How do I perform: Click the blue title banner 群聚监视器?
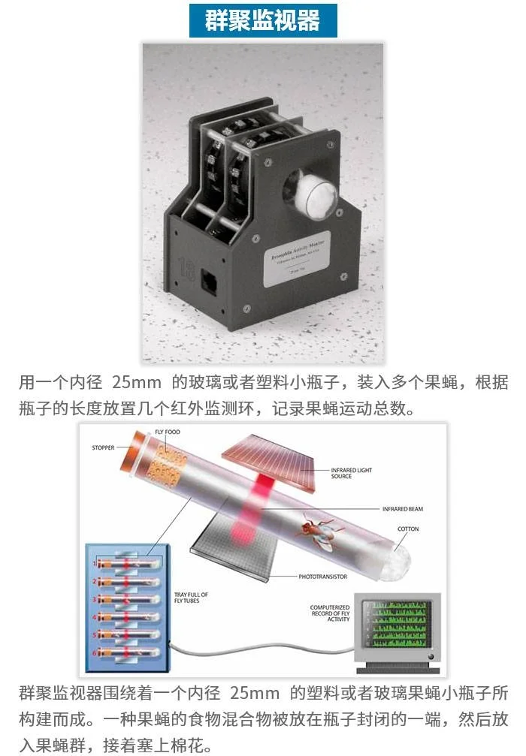(x=263, y=20)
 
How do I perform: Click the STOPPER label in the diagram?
(x=104, y=448)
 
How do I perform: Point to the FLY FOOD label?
(x=167, y=432)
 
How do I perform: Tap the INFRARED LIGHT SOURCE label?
(x=351, y=474)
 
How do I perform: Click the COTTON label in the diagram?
(x=408, y=529)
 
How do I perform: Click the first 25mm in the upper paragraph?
(x=132, y=382)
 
